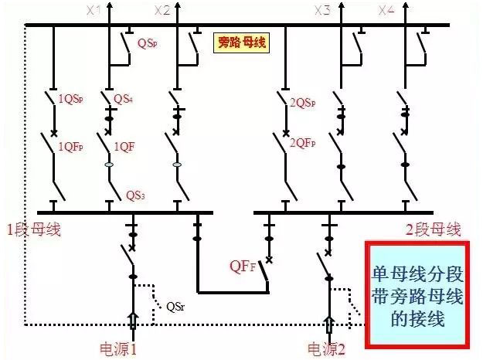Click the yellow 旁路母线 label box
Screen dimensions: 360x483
point(241,42)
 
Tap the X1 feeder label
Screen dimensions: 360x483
point(94,10)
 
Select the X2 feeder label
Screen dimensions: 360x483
point(162,10)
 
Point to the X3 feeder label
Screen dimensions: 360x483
point(322,10)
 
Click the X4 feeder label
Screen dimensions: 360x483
point(387,10)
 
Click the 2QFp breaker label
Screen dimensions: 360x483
point(302,143)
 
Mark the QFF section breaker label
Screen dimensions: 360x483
point(241,267)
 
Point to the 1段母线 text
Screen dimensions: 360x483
point(33,229)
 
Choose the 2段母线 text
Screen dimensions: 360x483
point(433,229)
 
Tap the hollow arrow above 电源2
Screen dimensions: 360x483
point(329,324)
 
